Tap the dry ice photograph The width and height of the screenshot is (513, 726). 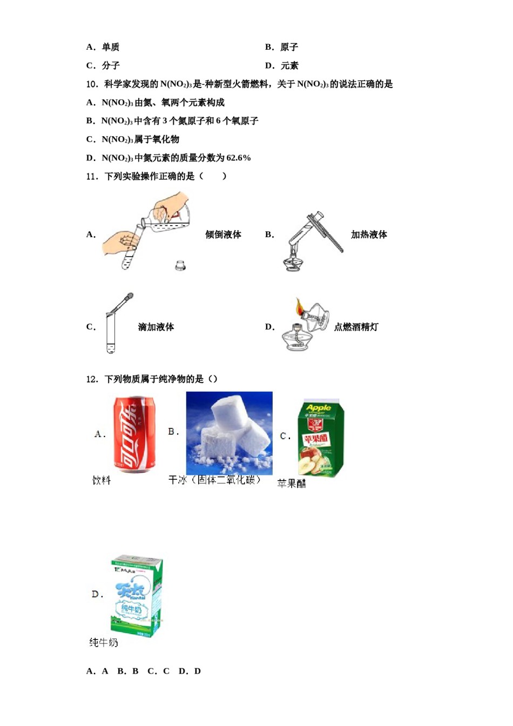click(x=229, y=433)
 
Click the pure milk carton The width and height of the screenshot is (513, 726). click(x=137, y=596)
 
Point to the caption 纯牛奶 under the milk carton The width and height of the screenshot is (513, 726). click(x=104, y=642)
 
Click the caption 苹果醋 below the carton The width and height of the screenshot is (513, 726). click(x=292, y=483)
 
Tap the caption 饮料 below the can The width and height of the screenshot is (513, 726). click(x=102, y=480)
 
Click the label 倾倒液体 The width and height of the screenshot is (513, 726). click(x=223, y=234)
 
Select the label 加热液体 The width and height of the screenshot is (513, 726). click(x=369, y=234)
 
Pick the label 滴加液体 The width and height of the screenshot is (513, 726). click(x=156, y=327)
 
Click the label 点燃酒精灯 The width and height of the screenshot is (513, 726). click(x=356, y=327)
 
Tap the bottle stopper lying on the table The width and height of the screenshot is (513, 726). click(x=180, y=265)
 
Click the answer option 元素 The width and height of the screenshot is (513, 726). click(x=289, y=65)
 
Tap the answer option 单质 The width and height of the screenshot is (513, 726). click(x=111, y=47)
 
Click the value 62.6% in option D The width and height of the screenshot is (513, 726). click(x=239, y=158)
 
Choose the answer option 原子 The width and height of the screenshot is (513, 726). click(x=289, y=47)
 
